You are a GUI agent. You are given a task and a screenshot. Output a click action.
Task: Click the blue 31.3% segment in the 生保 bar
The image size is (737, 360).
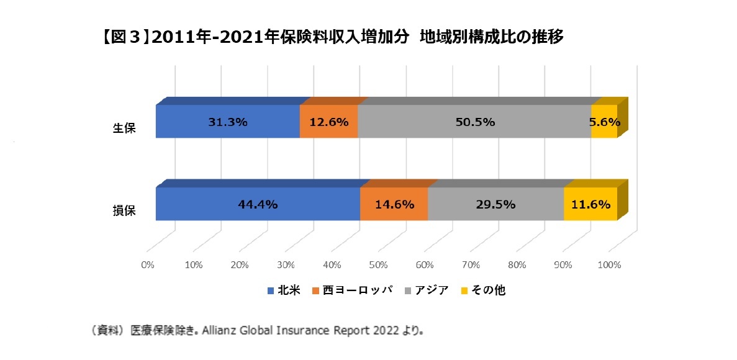[x=227, y=122]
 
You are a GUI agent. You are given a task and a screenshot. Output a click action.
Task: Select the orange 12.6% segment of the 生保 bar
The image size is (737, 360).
[x=328, y=122]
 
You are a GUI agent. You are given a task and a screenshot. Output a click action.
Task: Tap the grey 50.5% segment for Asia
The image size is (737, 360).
[x=474, y=122]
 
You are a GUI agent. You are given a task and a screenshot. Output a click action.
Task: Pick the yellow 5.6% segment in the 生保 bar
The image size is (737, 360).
[x=604, y=122]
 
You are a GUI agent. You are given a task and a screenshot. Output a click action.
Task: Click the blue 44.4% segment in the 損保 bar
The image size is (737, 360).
[x=258, y=204]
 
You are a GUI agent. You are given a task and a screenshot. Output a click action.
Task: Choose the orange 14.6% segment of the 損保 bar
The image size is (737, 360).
[x=394, y=204]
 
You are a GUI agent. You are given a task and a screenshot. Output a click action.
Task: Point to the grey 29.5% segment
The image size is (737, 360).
[x=495, y=204]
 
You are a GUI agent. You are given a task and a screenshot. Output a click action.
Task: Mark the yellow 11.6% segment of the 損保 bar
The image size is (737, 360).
[x=590, y=204]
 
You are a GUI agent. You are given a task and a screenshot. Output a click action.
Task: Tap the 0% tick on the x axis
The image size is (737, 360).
[x=148, y=265]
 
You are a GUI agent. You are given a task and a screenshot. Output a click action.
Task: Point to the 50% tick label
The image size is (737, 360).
[x=378, y=265]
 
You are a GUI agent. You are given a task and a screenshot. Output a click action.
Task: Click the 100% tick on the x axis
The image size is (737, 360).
[x=609, y=265]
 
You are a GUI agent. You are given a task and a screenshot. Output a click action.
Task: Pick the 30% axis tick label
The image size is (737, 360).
[x=286, y=265]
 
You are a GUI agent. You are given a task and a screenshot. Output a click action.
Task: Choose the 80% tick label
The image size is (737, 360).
[x=517, y=265]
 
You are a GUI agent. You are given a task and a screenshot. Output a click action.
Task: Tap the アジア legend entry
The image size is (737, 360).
[x=427, y=290]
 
